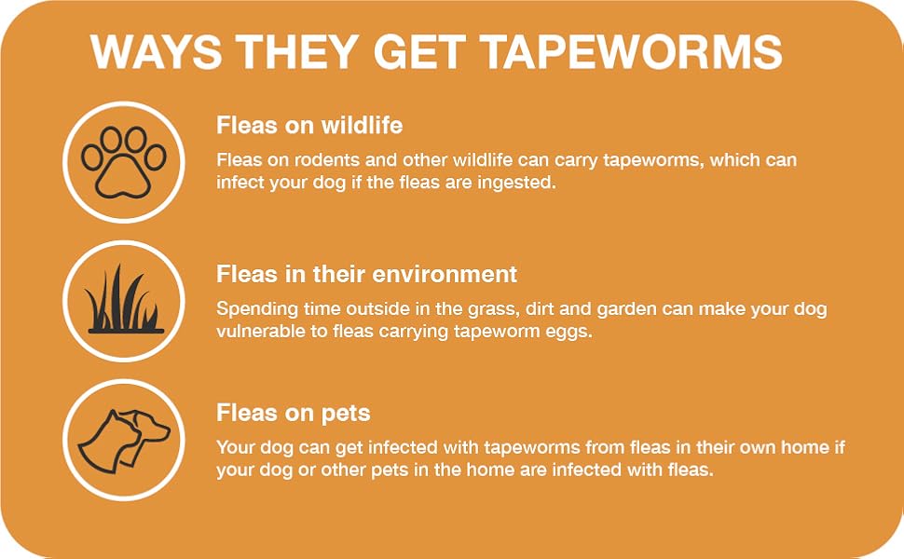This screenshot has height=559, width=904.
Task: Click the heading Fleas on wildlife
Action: pyautogui.click(x=309, y=125)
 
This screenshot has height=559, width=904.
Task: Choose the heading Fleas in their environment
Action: pyautogui.click(x=366, y=274)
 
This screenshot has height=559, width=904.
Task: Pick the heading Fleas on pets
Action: pyautogui.click(x=293, y=412)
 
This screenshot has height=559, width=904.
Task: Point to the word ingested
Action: pyautogui.click(x=518, y=183)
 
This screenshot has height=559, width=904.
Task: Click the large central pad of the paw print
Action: pyautogui.click(x=119, y=173)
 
